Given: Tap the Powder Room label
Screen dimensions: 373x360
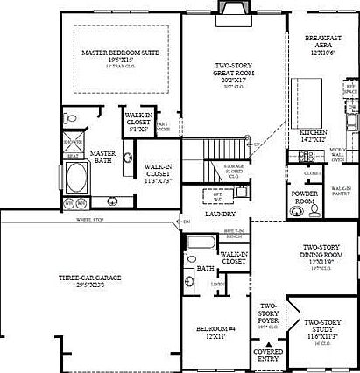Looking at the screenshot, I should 304,197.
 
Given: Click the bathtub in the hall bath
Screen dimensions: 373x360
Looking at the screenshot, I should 201,242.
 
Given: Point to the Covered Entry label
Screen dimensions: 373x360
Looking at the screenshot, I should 268,355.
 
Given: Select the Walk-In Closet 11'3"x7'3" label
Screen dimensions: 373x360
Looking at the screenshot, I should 157,170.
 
